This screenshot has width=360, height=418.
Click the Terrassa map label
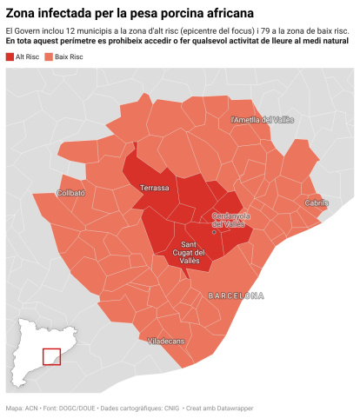pyautogui.click(x=155, y=187)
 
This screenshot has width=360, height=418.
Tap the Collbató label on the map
pyautogui.click(x=71, y=193)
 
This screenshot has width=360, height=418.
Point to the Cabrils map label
pyautogui.click(x=317, y=202)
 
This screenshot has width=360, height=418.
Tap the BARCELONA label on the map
pyautogui.click(x=236, y=295)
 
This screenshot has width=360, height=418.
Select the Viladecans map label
pyautogui.click(x=166, y=342)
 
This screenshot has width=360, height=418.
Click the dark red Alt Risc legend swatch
pyautogui.click(x=10, y=55)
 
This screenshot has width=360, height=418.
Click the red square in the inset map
pyautogui.click(x=51, y=357)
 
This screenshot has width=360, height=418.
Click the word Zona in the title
pyautogui.click(x=23, y=14)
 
